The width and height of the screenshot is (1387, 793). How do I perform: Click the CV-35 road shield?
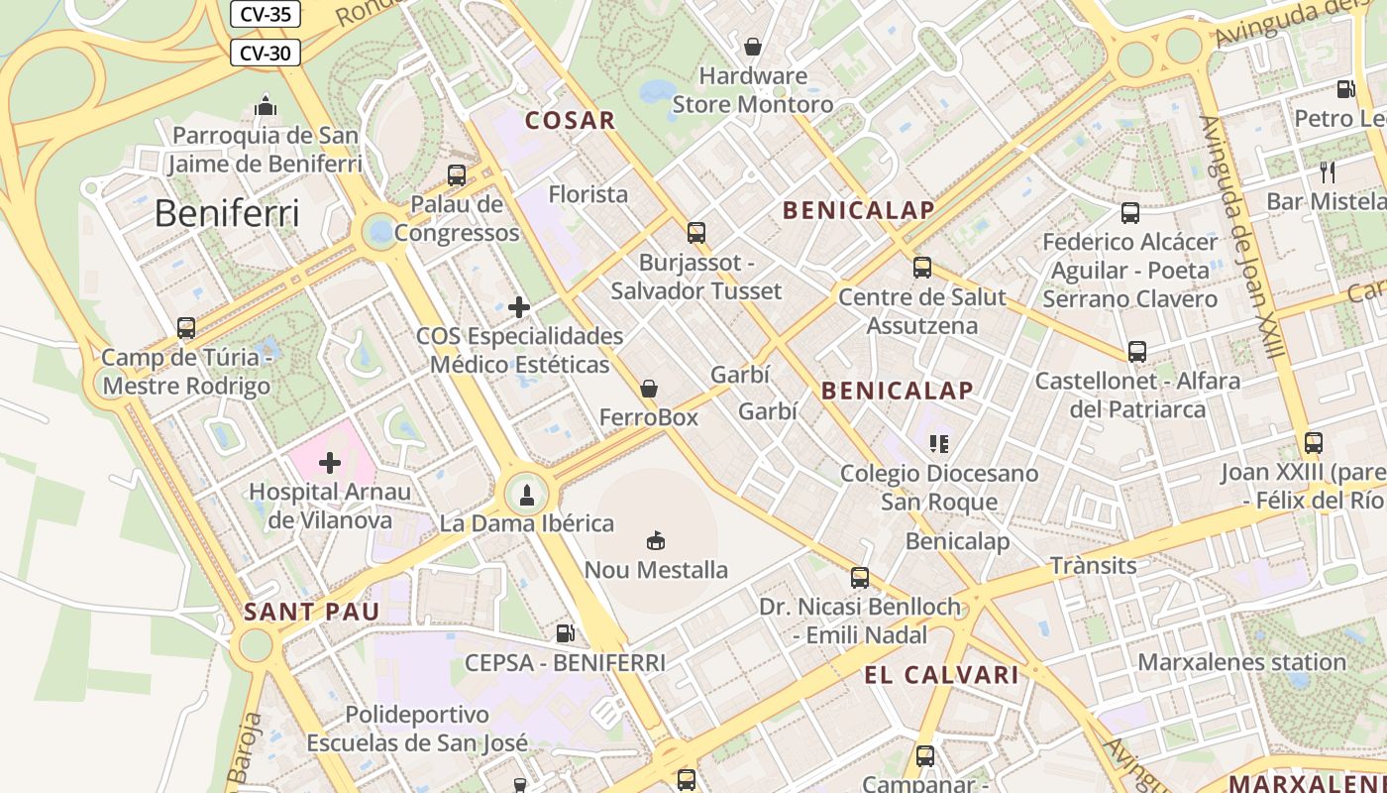point(266,14)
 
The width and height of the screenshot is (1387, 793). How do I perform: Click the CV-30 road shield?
point(266,53)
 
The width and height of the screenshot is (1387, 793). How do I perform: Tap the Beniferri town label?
point(227,213)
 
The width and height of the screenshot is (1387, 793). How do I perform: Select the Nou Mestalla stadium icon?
point(656,540)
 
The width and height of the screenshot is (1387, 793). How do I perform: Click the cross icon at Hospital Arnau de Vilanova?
point(330,463)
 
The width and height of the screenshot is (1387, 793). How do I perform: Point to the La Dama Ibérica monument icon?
point(527,494)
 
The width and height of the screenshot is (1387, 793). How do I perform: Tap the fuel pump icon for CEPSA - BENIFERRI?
point(565,632)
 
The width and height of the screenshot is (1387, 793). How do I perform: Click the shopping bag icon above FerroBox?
point(649,389)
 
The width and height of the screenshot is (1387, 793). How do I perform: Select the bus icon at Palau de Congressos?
point(457,175)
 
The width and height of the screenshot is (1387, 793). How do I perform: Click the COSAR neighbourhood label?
point(571,121)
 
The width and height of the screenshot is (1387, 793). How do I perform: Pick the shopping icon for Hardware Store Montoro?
point(753,47)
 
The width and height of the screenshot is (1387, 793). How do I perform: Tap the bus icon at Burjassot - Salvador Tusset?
point(696,233)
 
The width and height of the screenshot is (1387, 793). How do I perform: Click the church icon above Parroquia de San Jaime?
point(266,106)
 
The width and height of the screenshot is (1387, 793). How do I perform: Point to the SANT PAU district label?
point(312,612)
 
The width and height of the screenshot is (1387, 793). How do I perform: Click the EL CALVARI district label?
point(941,676)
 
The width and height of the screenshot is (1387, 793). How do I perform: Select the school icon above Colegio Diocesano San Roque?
point(939,443)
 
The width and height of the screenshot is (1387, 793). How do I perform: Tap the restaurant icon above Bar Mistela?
point(1328,172)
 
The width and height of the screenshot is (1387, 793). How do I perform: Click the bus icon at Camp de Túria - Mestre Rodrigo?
point(186,328)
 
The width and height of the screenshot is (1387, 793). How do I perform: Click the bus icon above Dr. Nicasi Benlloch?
point(860,577)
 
